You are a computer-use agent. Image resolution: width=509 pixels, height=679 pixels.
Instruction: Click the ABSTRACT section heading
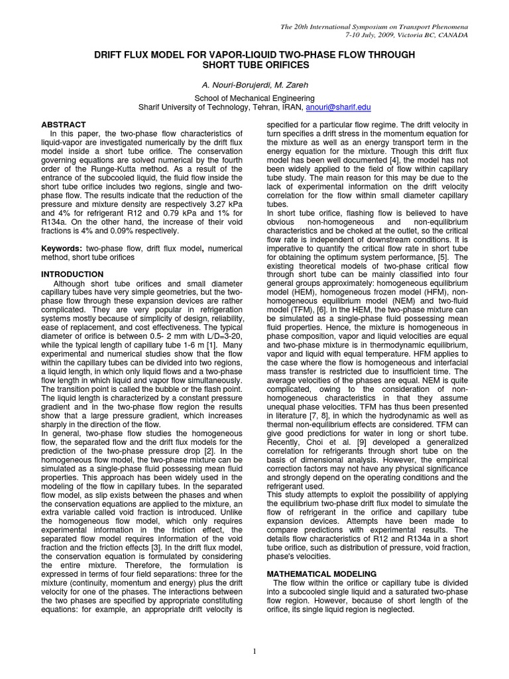(x=64, y=124)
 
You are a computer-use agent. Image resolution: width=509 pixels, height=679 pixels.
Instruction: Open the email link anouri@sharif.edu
(x=338, y=107)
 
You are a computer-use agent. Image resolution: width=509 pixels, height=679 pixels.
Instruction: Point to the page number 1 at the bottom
(x=254, y=651)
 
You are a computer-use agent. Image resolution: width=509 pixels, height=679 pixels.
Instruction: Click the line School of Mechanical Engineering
(x=254, y=97)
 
